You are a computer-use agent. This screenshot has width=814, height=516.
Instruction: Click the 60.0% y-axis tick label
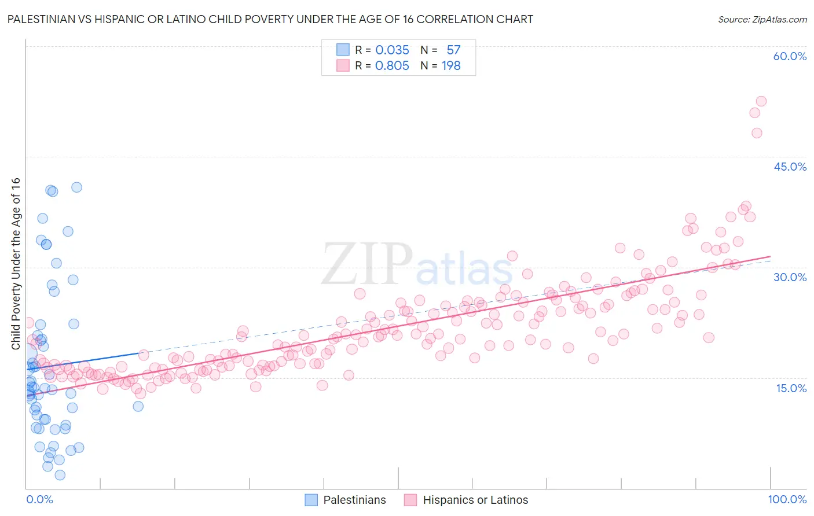point(790,56)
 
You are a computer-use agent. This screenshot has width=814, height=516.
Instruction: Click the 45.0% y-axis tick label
point(790,167)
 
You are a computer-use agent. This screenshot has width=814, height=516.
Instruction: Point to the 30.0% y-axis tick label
point(790,277)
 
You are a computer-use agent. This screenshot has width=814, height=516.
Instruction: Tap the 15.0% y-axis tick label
point(791,388)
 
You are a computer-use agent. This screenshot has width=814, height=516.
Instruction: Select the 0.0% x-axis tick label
point(39,499)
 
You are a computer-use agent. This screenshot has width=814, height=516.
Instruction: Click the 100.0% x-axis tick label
point(787,499)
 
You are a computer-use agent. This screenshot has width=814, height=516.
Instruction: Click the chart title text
point(270,19)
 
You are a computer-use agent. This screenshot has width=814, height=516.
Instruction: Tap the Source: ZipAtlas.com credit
point(762,20)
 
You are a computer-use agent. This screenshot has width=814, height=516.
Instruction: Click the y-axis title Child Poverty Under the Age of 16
point(16,263)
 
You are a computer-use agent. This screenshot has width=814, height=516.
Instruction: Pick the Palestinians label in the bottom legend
point(354,500)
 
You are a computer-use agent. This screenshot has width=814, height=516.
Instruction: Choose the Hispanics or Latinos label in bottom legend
point(475,500)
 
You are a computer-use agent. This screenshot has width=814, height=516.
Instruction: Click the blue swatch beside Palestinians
point(311,500)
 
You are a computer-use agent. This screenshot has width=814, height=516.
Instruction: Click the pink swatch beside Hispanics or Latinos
point(410,500)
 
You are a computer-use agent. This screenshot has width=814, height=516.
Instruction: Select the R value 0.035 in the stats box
point(392,50)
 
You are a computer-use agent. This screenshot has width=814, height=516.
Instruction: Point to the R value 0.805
point(392,65)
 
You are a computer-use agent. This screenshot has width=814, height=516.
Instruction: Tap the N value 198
point(451,65)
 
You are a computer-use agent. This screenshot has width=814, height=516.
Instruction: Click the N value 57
point(453,50)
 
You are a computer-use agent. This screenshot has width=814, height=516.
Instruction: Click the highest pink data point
point(761,101)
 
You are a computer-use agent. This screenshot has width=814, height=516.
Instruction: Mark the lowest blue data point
point(60,475)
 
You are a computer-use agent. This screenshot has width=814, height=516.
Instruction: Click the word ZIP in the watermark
point(366,264)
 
